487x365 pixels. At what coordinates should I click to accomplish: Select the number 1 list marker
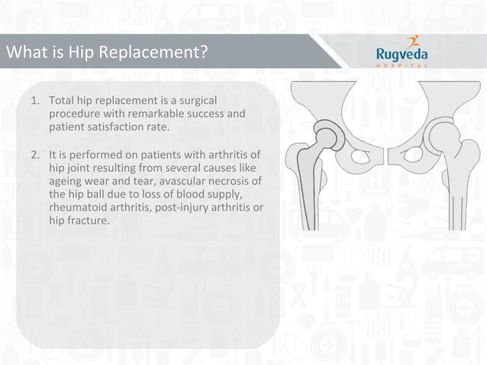(x=34, y=101)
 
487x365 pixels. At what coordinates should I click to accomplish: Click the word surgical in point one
(x=197, y=101)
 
